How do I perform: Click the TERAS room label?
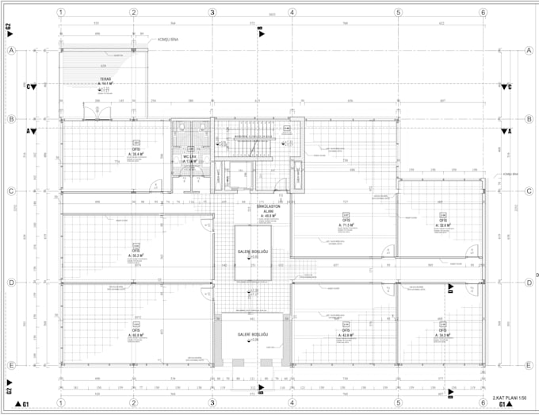[105, 79]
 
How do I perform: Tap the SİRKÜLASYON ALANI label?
[264, 209]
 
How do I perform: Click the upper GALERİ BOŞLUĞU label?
[253, 252]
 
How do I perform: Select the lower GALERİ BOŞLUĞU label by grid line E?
[253, 336]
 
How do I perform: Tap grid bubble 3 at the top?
[212, 13]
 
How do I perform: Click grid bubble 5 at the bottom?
[398, 402]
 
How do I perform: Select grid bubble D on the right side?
[527, 282]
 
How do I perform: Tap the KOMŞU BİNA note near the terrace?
[167, 39]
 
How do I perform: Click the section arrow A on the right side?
[507, 130]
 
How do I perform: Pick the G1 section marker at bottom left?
[27, 405]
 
